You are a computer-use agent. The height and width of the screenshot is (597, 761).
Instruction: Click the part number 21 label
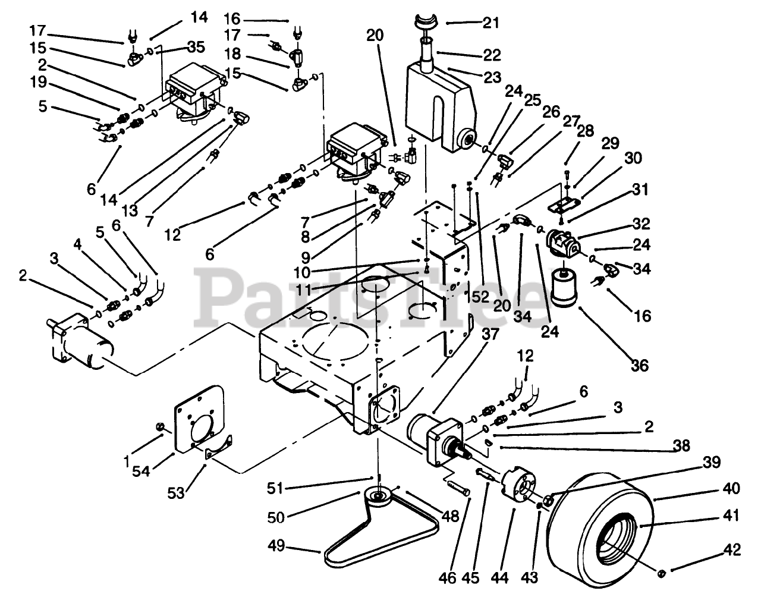coord(491,23)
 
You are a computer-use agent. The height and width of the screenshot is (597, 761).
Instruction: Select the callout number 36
coord(640,365)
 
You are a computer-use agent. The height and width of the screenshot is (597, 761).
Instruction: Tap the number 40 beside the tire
coord(732,489)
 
